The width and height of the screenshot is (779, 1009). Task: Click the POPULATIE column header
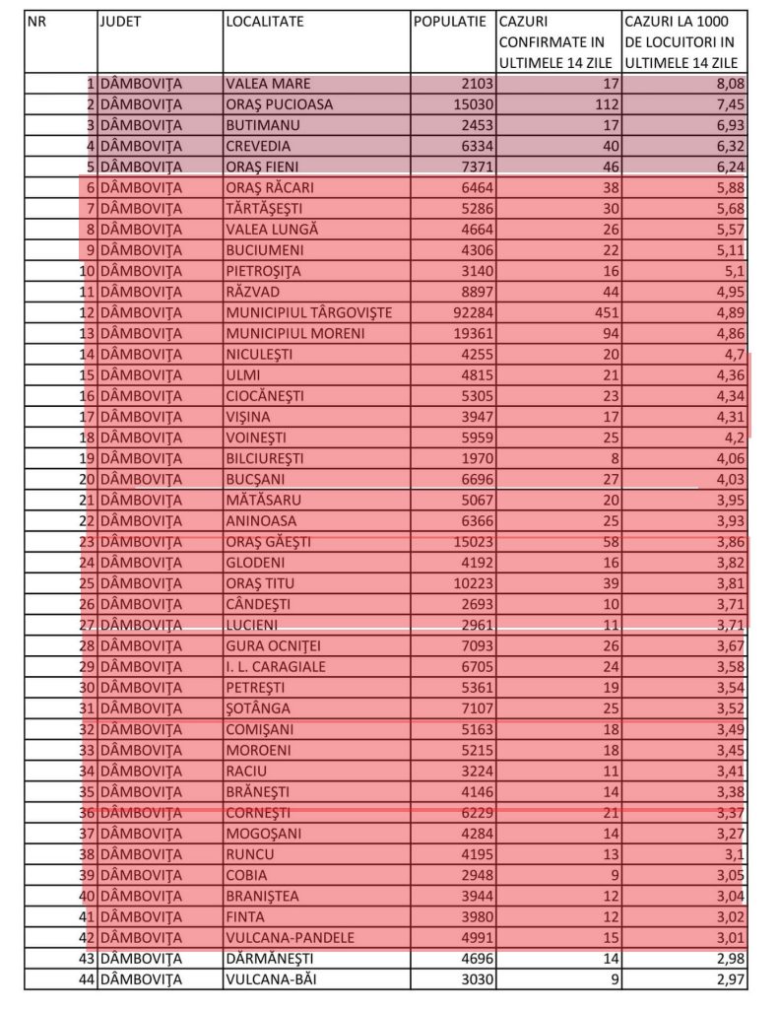450,21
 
